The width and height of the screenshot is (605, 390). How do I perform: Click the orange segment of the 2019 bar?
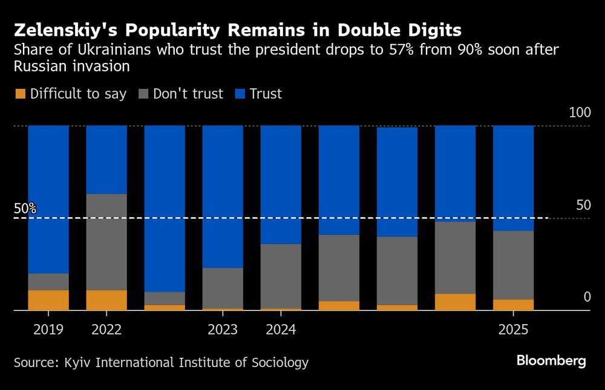pyautogui.click(x=48, y=300)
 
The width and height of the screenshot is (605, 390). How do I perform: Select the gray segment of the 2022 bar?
pyautogui.click(x=106, y=242)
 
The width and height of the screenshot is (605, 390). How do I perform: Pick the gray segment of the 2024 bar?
pyautogui.click(x=281, y=276)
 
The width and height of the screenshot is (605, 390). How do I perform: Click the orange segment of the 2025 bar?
pyautogui.click(x=513, y=305)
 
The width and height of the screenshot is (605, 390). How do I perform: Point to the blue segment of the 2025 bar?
pyautogui.click(x=513, y=178)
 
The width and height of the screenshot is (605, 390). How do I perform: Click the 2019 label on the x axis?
pyautogui.click(x=48, y=330)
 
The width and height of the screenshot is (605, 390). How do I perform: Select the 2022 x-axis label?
pyautogui.click(x=106, y=330)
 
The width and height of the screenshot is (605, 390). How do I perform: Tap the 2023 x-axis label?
pyautogui.click(x=223, y=330)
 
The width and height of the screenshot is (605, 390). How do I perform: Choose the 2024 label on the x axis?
pyautogui.click(x=281, y=330)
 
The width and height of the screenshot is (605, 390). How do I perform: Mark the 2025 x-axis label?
pyautogui.click(x=513, y=330)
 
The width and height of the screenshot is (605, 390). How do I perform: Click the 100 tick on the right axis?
pyautogui.click(x=580, y=113)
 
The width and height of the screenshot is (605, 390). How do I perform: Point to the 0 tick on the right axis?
pyautogui.click(x=586, y=297)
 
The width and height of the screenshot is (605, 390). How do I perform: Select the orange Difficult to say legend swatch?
pyautogui.click(x=20, y=94)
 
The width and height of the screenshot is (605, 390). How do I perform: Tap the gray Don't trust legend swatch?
pyautogui.click(x=143, y=94)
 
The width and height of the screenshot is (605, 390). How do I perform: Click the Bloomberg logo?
pyautogui.click(x=551, y=362)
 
